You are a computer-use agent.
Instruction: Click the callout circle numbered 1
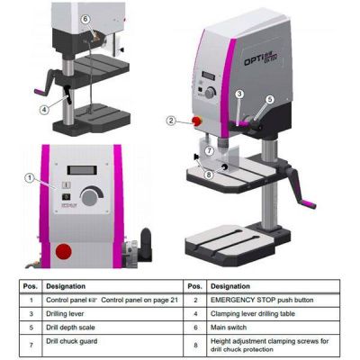pos(30,178)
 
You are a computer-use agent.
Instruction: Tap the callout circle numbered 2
pos(171,120)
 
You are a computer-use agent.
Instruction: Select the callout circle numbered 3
pos(240,94)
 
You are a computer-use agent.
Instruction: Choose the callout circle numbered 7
pos(208,150)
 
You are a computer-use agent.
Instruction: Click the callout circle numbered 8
pos(209,175)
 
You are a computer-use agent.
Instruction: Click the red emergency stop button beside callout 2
pos(193,121)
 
